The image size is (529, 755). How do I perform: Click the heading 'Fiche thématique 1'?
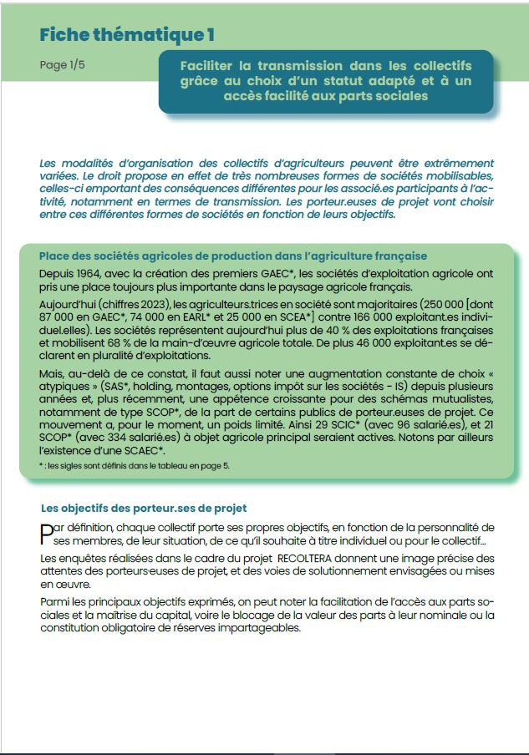pyautogui.click(x=127, y=35)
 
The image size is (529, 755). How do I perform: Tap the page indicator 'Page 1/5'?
pyautogui.click(x=62, y=65)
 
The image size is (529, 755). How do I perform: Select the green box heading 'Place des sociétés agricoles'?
pyautogui.click(x=233, y=256)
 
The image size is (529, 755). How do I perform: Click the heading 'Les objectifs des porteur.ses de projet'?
pyautogui.click(x=144, y=508)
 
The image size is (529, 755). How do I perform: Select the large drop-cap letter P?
pyautogui.click(x=46, y=533)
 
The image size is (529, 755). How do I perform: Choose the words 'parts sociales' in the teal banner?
pyautogui.click(x=384, y=96)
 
